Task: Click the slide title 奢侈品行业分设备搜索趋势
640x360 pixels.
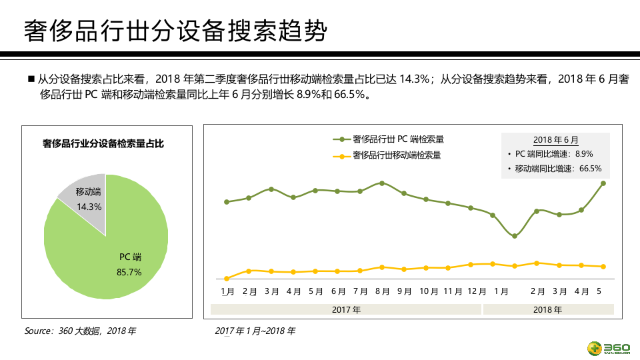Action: [x=175, y=31]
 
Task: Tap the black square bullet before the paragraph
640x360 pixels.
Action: [x=31, y=79]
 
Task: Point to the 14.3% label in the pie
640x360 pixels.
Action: [x=89, y=207]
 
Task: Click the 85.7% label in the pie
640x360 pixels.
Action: [x=129, y=271]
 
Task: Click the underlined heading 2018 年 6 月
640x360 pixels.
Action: [x=555, y=140]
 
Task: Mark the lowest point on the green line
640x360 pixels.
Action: [x=515, y=236]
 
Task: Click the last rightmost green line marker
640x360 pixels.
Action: [x=603, y=183]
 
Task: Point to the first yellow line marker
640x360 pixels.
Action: [x=227, y=278]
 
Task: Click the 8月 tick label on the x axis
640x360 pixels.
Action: [x=382, y=291]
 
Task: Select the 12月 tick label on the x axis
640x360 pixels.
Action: [x=477, y=291]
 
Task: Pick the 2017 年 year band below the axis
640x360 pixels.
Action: [x=346, y=309]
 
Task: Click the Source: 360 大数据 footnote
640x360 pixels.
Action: [x=80, y=331]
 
